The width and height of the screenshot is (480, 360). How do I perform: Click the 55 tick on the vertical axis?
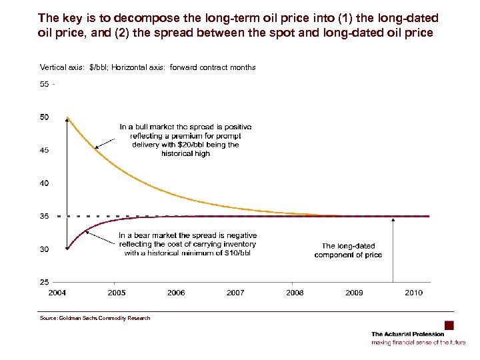click(x=45, y=85)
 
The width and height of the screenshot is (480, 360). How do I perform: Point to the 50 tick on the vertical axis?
click(x=45, y=117)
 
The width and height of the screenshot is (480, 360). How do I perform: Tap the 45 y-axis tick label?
click(x=45, y=150)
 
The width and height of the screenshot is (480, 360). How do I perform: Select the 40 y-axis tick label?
click(x=45, y=183)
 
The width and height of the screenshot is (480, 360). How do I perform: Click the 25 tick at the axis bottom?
click(x=45, y=282)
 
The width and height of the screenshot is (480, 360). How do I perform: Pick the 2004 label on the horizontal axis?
click(x=58, y=293)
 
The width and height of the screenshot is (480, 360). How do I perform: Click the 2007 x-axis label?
click(x=235, y=293)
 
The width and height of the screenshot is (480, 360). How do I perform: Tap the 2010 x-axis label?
click(x=413, y=293)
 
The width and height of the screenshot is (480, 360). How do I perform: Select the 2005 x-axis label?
click(x=117, y=293)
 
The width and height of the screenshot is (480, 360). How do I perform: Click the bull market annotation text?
click(x=185, y=140)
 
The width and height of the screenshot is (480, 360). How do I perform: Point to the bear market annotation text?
click(x=187, y=244)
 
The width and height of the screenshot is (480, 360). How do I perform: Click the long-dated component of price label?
click(x=348, y=251)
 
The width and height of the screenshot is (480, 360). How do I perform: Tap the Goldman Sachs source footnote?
click(x=95, y=319)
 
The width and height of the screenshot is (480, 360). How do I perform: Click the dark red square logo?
click(x=449, y=325)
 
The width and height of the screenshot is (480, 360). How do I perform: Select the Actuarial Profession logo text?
click(x=407, y=334)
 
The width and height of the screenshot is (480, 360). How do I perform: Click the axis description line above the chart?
click(x=148, y=67)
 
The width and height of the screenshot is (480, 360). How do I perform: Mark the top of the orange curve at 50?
click(x=67, y=118)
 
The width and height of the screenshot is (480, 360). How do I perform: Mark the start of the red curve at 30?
click(x=67, y=249)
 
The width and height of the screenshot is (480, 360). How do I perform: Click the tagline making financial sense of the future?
click(x=418, y=343)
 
